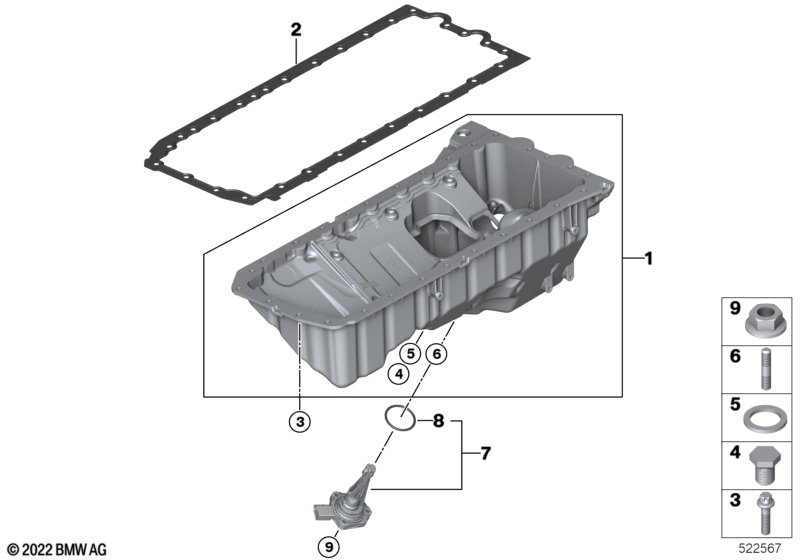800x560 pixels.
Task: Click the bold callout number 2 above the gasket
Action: click(x=296, y=29)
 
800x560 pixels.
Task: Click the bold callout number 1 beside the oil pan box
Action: click(x=648, y=259)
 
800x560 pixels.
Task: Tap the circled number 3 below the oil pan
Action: click(x=300, y=422)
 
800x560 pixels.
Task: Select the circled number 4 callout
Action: click(x=398, y=374)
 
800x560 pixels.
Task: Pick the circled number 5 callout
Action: click(x=411, y=353)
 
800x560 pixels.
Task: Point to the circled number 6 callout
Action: click(x=436, y=353)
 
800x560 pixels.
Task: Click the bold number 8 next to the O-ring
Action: click(x=438, y=421)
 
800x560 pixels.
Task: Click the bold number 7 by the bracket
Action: click(x=485, y=453)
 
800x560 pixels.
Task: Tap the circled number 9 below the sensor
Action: click(x=329, y=547)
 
